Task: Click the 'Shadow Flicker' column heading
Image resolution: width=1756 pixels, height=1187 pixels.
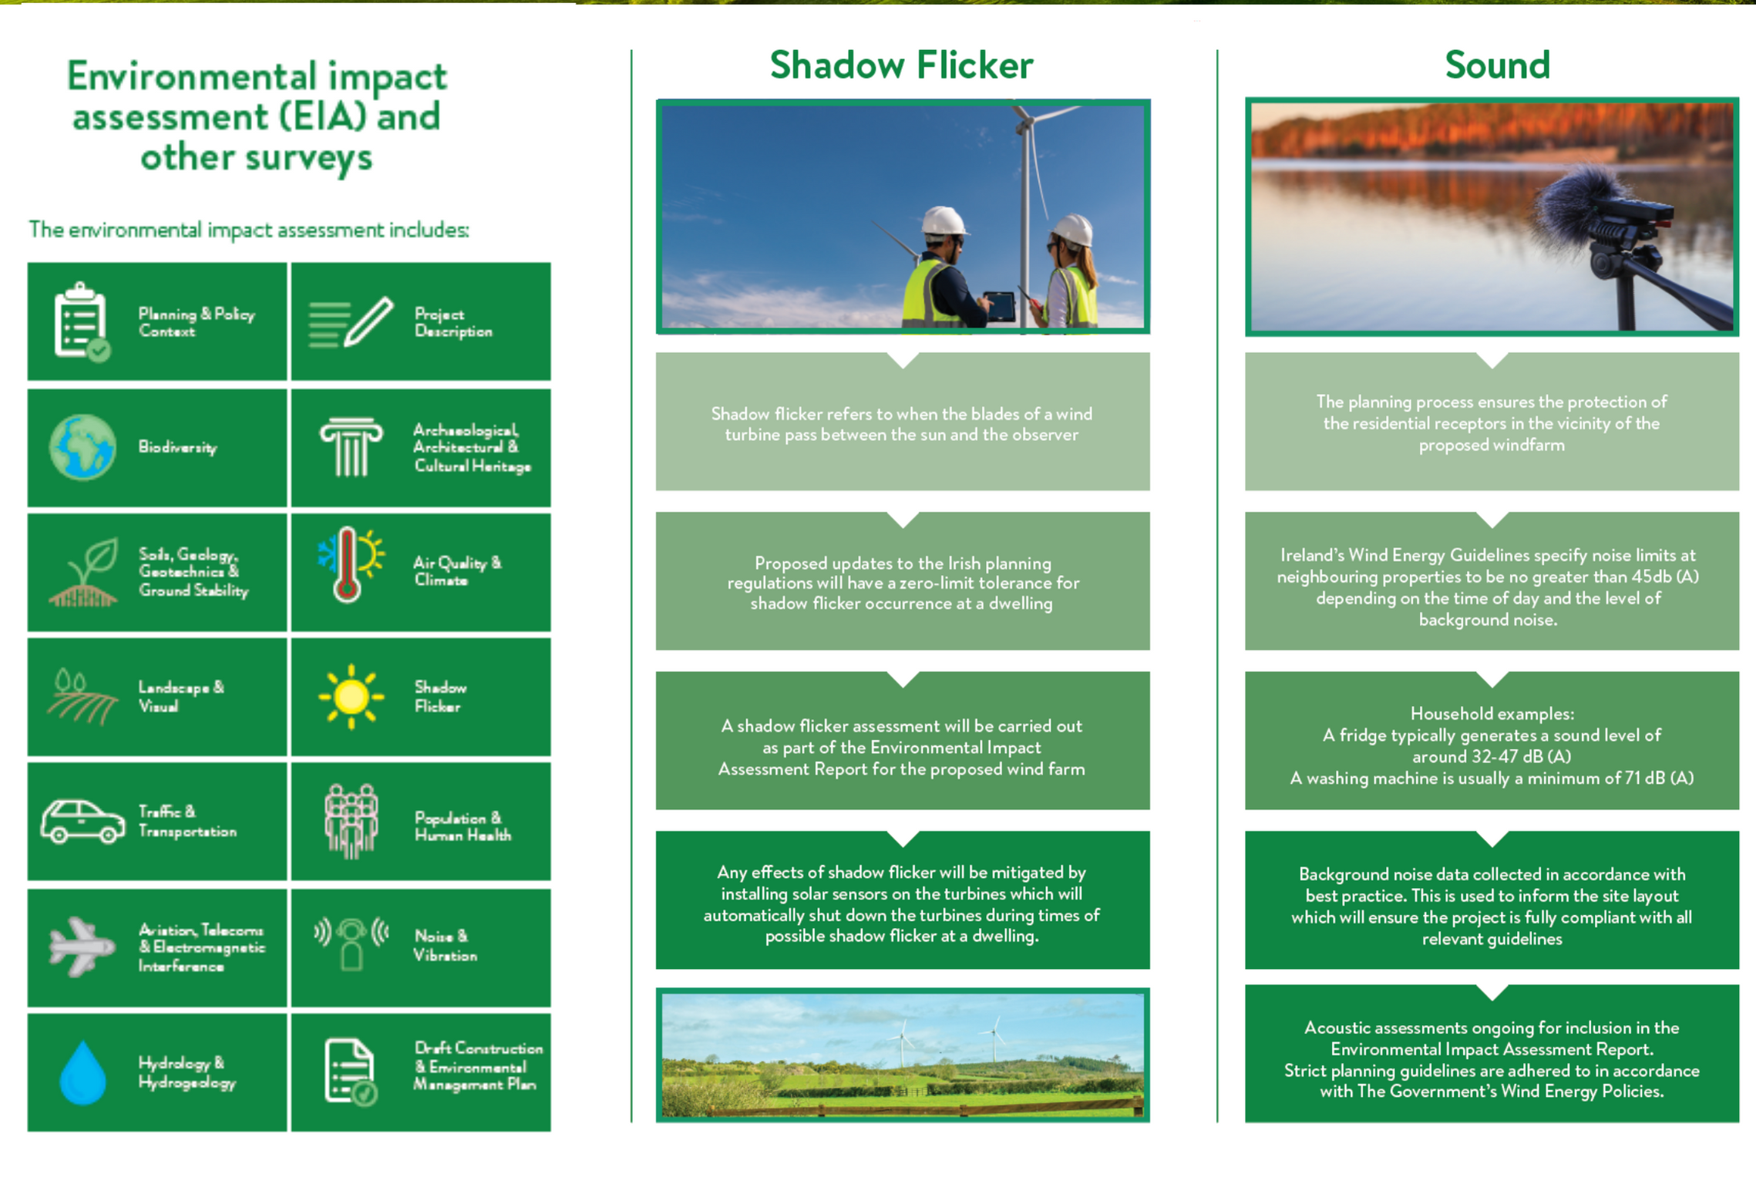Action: click(901, 65)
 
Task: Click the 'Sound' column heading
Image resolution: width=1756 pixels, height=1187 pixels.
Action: click(1497, 65)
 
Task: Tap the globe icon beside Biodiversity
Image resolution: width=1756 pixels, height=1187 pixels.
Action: click(83, 447)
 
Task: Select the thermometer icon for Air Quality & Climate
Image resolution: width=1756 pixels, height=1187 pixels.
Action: click(348, 565)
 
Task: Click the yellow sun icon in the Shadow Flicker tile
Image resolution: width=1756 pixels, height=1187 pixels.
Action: click(351, 697)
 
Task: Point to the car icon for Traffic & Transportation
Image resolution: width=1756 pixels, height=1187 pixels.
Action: click(83, 822)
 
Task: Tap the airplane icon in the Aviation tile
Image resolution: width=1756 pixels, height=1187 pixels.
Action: click(81, 947)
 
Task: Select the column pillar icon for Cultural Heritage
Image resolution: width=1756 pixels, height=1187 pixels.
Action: click(352, 447)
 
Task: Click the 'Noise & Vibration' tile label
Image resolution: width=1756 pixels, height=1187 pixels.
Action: click(446, 946)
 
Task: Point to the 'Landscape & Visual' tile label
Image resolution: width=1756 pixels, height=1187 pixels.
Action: click(181, 697)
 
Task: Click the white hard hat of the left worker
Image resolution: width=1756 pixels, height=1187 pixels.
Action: click(944, 220)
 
